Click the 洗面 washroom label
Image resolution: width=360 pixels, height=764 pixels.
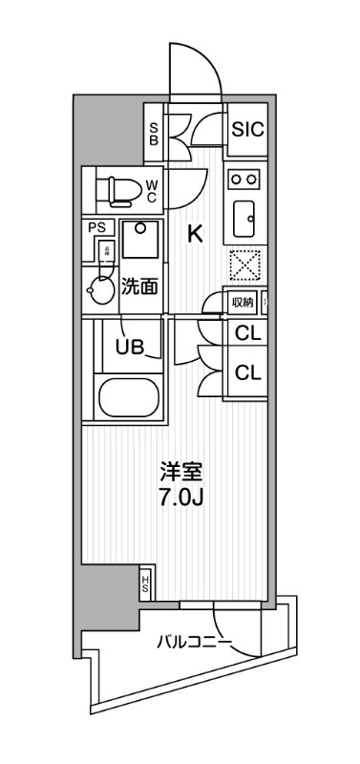point(139,286)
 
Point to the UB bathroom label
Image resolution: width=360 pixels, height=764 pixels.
point(131,346)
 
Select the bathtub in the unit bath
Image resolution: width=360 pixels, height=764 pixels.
point(129,396)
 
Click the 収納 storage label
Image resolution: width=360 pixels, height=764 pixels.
point(243,303)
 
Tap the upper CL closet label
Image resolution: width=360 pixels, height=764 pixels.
point(248,334)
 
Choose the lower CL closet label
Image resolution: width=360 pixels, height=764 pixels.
point(248,371)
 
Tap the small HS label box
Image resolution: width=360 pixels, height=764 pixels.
point(145,581)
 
